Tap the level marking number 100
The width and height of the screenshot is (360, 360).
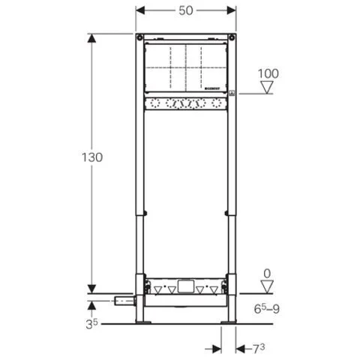pos(268,73)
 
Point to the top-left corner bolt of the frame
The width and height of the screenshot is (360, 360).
pos(140,37)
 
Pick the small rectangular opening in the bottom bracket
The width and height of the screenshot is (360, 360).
pos(185,286)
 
